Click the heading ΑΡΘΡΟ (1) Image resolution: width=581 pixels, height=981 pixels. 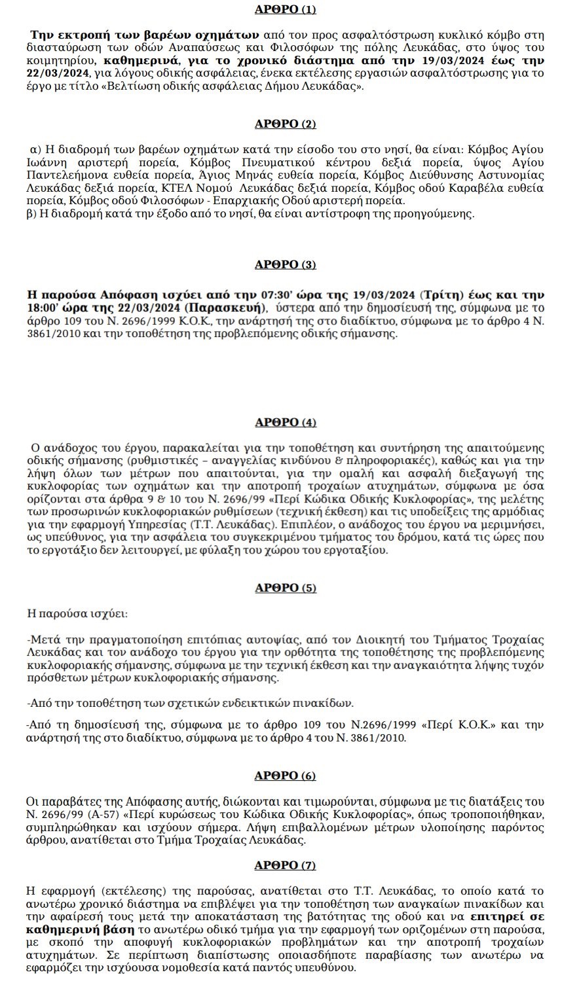(x=285, y=10)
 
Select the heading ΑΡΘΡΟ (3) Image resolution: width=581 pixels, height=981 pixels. (x=285, y=264)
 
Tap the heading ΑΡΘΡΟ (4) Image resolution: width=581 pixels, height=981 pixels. (x=285, y=422)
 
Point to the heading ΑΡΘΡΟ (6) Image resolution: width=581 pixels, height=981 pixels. (x=285, y=776)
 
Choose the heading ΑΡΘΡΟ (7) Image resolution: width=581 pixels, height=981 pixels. (x=285, y=865)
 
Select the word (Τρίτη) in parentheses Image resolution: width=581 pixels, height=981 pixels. (x=440, y=294)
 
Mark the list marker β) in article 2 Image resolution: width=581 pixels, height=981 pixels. (x=32, y=213)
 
